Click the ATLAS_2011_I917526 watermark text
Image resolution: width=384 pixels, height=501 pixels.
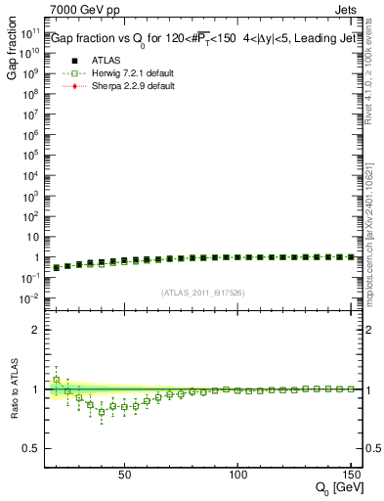203,292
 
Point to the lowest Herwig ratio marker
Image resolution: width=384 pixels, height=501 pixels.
102,412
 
